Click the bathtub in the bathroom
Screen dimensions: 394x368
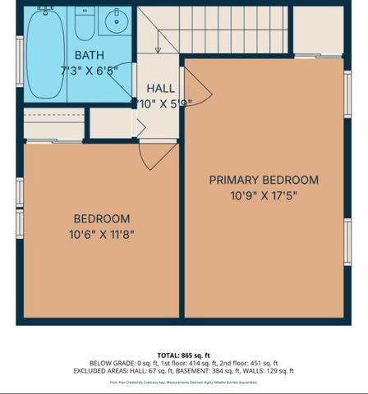click(x=46, y=53)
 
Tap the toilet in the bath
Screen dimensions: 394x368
click(x=85, y=24)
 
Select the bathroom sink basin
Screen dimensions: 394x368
click(x=115, y=22)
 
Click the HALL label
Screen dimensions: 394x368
click(x=160, y=89)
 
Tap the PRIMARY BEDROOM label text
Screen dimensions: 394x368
click(x=263, y=180)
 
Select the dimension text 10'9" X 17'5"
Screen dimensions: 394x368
click(x=263, y=195)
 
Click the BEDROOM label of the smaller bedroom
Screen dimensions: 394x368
click(x=101, y=218)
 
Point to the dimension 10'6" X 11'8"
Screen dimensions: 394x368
click(x=101, y=234)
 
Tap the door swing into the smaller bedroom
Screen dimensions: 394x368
click(x=156, y=154)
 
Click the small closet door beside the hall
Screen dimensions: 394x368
click(x=140, y=126)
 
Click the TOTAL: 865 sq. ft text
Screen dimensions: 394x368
click(x=183, y=355)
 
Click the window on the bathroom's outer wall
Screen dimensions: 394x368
click(x=20, y=59)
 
